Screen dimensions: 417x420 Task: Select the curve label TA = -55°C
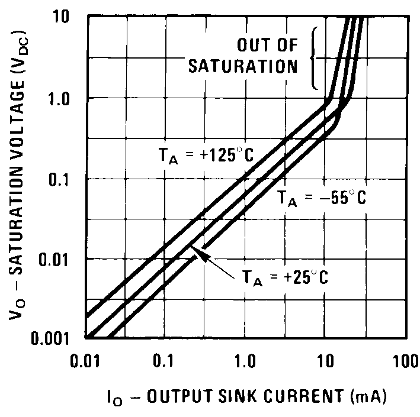click(321, 199)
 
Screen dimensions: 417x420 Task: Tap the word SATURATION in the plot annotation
click(243, 66)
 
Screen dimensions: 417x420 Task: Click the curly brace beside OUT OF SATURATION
click(315, 57)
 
